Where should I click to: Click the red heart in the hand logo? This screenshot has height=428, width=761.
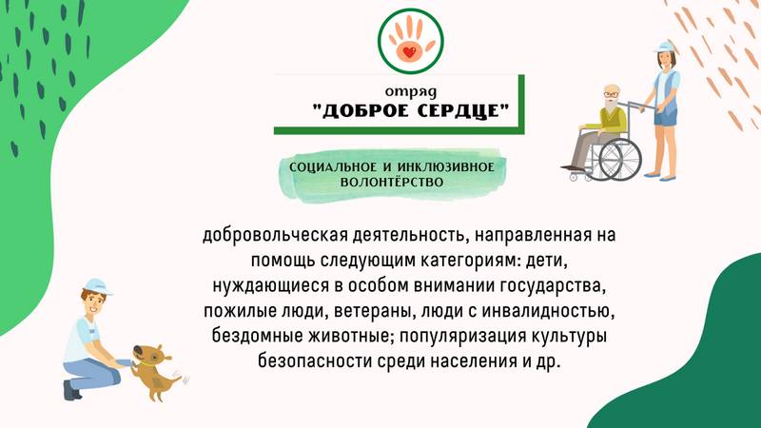coord(410,52)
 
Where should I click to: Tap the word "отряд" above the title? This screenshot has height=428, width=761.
coord(411,91)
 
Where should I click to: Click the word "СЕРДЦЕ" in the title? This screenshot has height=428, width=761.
coord(459,111)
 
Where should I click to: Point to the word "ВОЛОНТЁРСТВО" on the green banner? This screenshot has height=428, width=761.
coord(392,183)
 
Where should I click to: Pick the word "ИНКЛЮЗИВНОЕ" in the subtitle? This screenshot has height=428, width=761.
coord(445,167)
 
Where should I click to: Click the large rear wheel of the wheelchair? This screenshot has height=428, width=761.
coord(620,159)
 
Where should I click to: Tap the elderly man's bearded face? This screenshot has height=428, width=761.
coord(612,98)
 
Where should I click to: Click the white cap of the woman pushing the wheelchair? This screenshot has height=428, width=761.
coord(664,47)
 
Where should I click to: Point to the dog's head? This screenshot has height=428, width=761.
coord(150,356)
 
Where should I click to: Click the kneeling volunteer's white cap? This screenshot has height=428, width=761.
coord(97,286)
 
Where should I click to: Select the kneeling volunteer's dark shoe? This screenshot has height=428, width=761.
coord(71,391)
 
